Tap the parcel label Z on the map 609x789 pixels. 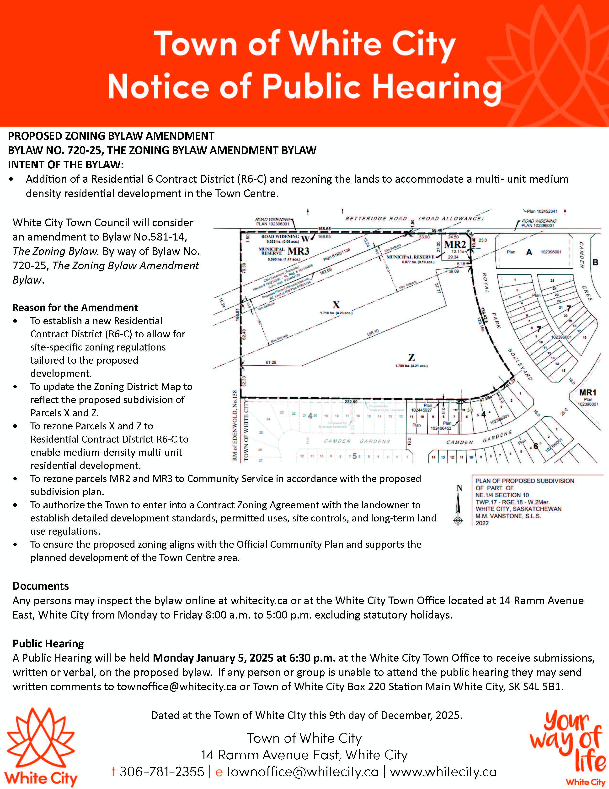click(x=411, y=358)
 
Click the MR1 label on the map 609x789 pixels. click(x=588, y=393)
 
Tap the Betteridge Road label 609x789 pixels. click(x=376, y=219)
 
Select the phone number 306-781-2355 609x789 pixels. click(x=162, y=771)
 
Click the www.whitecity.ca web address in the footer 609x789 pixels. click(x=443, y=771)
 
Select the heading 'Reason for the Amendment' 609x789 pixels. click(x=75, y=308)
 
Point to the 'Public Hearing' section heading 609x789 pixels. click(x=48, y=643)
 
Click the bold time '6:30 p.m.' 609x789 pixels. click(x=312, y=658)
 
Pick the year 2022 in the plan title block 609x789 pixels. click(x=482, y=523)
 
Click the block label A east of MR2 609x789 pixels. click(x=529, y=252)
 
